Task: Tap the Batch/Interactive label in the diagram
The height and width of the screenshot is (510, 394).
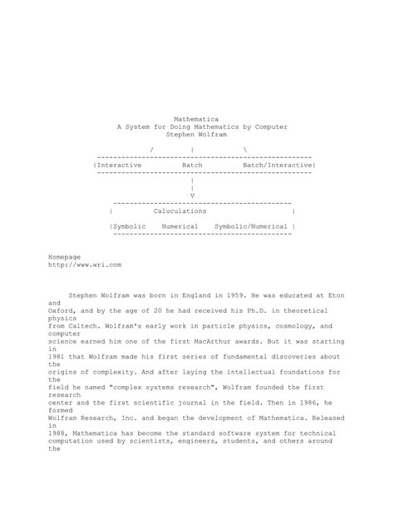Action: click(278, 166)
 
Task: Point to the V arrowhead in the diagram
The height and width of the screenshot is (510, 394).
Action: click(193, 196)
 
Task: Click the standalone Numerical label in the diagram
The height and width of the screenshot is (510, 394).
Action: click(180, 226)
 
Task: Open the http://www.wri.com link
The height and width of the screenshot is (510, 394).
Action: click(86, 265)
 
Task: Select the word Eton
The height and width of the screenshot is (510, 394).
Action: click(335, 295)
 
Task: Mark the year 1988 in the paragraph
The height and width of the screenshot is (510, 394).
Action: click(57, 433)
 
